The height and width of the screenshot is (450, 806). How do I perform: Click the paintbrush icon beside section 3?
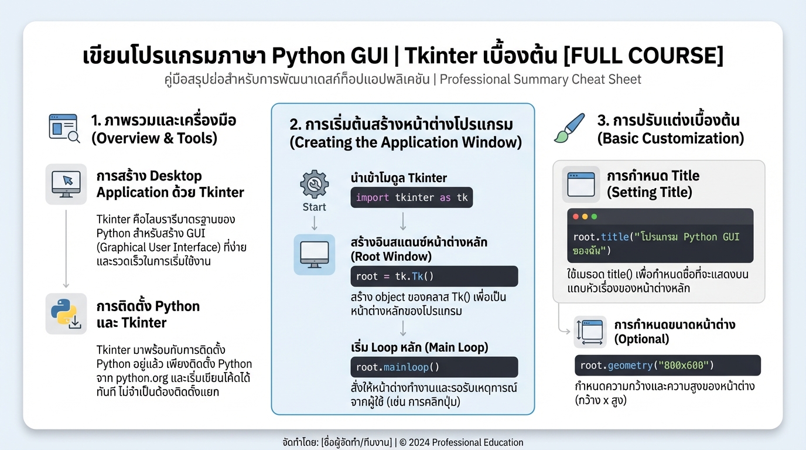pyautogui.click(x=569, y=128)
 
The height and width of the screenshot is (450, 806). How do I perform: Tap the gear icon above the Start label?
pyautogui.click(x=314, y=185)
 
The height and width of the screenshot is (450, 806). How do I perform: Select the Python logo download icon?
pyautogui.click(x=66, y=313)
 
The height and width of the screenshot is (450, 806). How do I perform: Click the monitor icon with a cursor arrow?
pyautogui.click(x=66, y=184)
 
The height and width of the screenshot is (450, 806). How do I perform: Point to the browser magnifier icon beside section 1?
pyautogui.click(x=64, y=128)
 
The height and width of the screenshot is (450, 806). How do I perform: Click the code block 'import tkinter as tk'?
pyautogui.click(x=412, y=197)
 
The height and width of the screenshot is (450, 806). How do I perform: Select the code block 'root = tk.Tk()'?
pyautogui.click(x=434, y=276)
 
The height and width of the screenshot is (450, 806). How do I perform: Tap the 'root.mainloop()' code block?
pyautogui.click(x=434, y=367)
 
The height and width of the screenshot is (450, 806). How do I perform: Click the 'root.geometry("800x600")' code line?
pyautogui.click(x=667, y=366)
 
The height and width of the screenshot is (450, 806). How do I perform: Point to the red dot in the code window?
pyautogui.click(x=575, y=216)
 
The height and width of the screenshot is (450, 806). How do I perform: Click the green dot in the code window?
pyautogui.click(x=594, y=216)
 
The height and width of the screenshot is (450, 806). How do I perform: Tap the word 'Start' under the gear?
pyautogui.click(x=314, y=207)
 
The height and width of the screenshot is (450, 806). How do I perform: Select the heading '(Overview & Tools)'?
pyautogui.click(x=153, y=138)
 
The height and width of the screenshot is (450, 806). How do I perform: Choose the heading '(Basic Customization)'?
pyautogui.click(x=670, y=138)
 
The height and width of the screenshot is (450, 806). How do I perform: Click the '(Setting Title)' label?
pyautogui.click(x=649, y=192)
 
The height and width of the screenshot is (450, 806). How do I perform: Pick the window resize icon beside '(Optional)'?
pyautogui.click(x=589, y=332)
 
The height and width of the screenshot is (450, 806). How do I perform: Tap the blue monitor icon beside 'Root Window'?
pyautogui.click(x=314, y=254)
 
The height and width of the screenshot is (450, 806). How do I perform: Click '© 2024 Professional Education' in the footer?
pyautogui.click(x=461, y=442)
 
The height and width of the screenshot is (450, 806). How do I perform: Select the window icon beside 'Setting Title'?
pyautogui.click(x=581, y=184)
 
